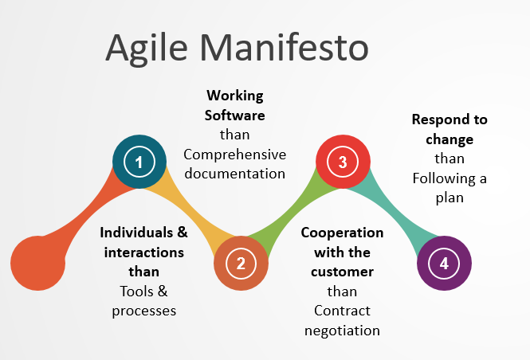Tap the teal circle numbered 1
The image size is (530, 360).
tap(139, 162)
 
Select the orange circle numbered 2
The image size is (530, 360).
tap(241, 262)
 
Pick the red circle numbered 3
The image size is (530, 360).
tap(343, 162)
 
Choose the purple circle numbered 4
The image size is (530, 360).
tap(444, 262)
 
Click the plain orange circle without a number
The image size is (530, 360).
tap(37, 263)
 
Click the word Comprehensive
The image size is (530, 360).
tap(234, 154)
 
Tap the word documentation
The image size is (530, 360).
tap(234, 172)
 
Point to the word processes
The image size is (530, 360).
tap(143, 310)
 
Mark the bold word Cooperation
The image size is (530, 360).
tap(342, 233)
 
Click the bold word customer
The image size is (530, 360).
tap(342, 272)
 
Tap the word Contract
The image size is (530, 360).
tap(342, 310)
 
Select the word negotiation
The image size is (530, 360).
tap(342, 329)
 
